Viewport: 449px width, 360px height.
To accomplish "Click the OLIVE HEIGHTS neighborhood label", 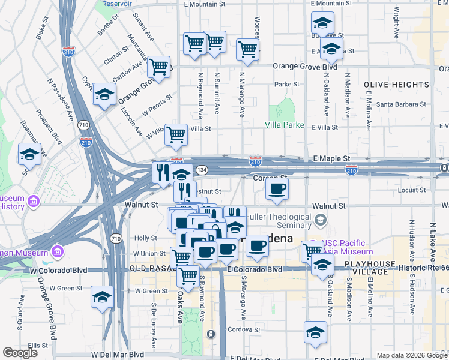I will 396,85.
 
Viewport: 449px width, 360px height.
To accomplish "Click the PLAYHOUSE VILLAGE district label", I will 370,268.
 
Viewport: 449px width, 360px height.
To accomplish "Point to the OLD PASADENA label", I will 154,268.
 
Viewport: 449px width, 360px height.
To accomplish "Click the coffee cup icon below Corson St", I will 276,190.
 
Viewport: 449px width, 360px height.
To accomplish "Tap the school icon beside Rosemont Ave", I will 29,155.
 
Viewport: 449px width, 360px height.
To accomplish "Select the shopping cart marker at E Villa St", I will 176,135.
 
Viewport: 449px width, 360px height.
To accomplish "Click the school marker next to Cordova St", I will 315,332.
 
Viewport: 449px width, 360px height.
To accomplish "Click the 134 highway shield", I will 201,170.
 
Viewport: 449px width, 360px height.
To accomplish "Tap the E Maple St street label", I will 331,158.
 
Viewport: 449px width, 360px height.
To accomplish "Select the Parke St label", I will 287,85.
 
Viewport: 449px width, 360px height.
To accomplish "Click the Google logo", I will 20,353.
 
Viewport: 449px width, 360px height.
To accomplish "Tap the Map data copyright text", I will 411,355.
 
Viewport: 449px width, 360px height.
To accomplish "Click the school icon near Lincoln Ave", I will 104,95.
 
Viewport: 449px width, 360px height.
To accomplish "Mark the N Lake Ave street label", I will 432,240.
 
